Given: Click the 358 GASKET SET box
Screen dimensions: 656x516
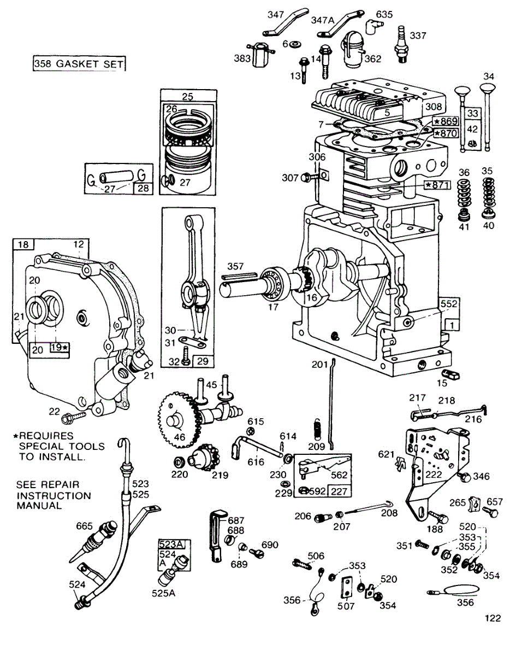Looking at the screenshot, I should pos(79,64).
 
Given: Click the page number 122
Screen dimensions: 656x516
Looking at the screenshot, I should pos(492,618).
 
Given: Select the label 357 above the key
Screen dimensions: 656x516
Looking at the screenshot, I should pos(235,266).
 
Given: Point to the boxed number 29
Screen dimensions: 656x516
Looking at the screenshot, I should pos(205,361).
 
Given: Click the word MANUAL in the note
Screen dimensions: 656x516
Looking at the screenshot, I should pos(39,506).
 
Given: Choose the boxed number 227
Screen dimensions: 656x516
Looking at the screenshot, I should pos(339,491).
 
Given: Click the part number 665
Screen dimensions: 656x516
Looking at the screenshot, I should pos(85,526).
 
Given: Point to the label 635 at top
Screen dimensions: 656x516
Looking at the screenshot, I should pos(384,14).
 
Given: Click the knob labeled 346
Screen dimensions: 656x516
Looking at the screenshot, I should pos(466,477).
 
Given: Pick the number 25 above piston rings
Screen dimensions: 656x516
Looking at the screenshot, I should pos(188,97).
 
